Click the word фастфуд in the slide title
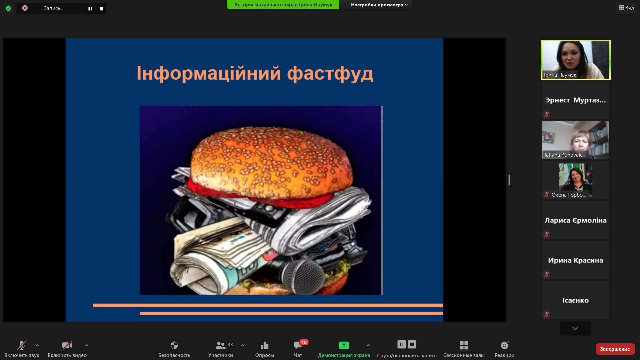[x=330, y=74]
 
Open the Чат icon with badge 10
[x=298, y=345]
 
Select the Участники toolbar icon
[x=220, y=345]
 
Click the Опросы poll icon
[x=265, y=345]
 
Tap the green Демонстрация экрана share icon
[x=344, y=345]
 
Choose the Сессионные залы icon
[x=464, y=345]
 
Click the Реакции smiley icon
[x=505, y=345]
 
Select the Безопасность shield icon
[x=174, y=345]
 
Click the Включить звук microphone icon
[x=22, y=345]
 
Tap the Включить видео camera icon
[x=67, y=345]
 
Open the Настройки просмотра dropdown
[x=379, y=5]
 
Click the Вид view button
[x=627, y=8]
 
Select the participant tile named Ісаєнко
[x=576, y=300]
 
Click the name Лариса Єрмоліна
[x=576, y=220]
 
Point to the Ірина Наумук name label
[x=560, y=75]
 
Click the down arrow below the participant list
[x=575, y=328]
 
